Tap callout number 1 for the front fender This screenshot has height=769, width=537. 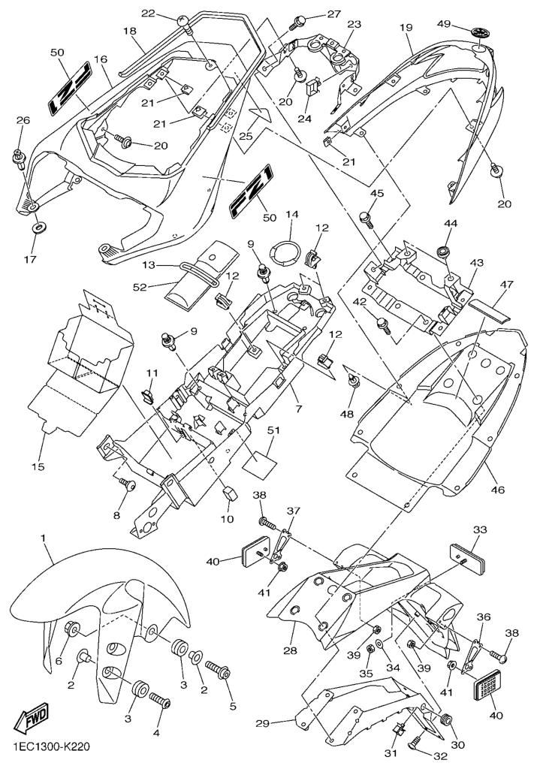[44, 538]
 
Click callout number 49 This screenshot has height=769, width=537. [444, 24]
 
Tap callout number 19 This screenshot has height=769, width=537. [407, 28]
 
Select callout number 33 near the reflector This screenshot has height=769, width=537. [479, 529]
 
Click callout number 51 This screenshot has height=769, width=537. [273, 430]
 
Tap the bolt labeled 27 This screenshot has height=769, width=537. [297, 20]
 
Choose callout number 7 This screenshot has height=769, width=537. [298, 410]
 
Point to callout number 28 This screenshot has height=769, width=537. [289, 650]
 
